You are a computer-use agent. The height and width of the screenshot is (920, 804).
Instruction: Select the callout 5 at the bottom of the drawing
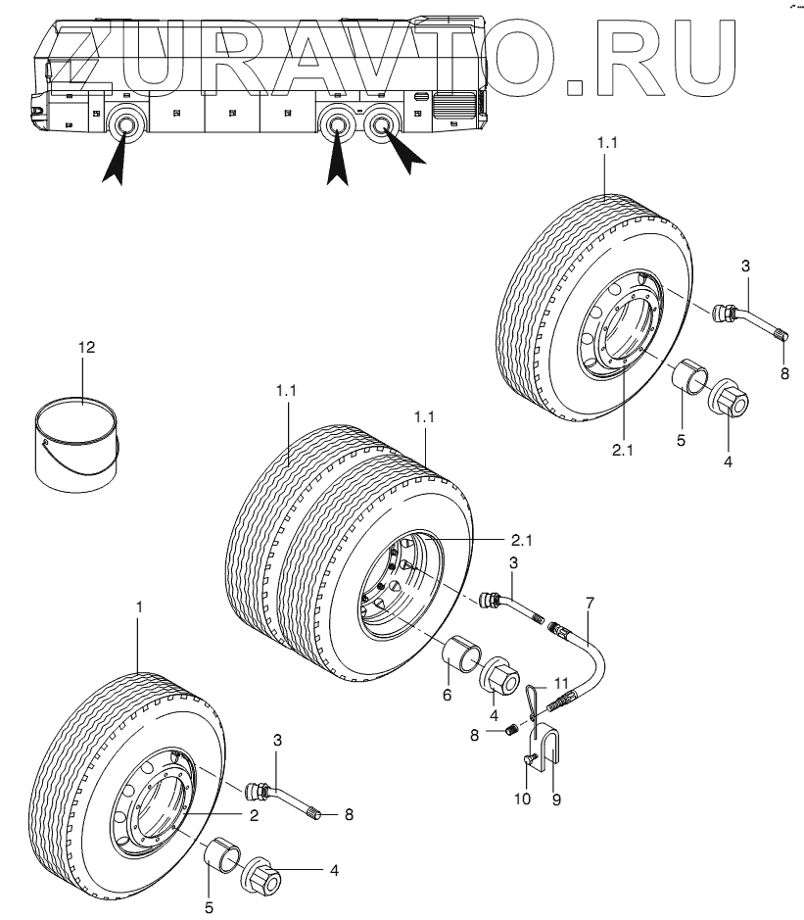coord(209,907)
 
